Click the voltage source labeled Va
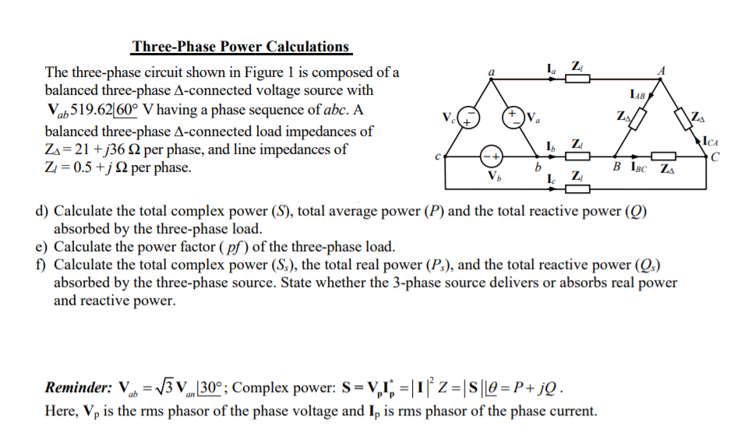514,118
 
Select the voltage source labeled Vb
489,155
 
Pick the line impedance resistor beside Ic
577,188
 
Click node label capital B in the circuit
616,167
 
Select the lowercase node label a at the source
492,71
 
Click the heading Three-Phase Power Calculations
241,47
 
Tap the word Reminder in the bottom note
78,387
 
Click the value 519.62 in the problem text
93,109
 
